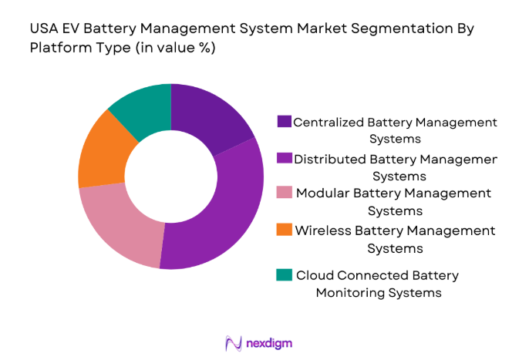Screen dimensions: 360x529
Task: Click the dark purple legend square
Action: [x=284, y=122]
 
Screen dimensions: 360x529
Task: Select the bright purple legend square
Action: [x=284, y=159]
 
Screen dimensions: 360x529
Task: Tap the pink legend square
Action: [x=284, y=193]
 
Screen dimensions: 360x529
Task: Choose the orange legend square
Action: [x=284, y=230]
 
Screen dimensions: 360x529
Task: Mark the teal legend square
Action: [x=284, y=275]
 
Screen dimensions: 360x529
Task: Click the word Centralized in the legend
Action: [x=329, y=122]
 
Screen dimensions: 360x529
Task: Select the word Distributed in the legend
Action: [x=329, y=159]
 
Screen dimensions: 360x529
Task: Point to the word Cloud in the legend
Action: [x=312, y=275]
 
